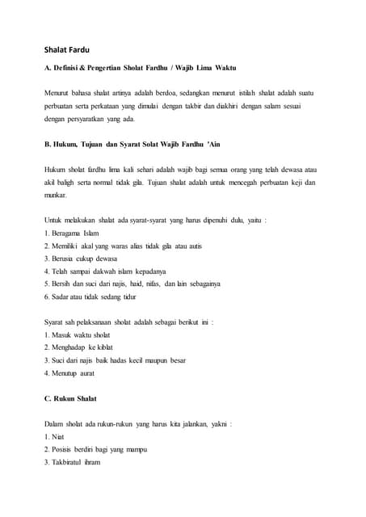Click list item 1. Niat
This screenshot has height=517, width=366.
click(56, 436)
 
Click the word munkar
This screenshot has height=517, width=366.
click(56, 195)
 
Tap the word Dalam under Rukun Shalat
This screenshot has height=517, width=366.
click(56, 423)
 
